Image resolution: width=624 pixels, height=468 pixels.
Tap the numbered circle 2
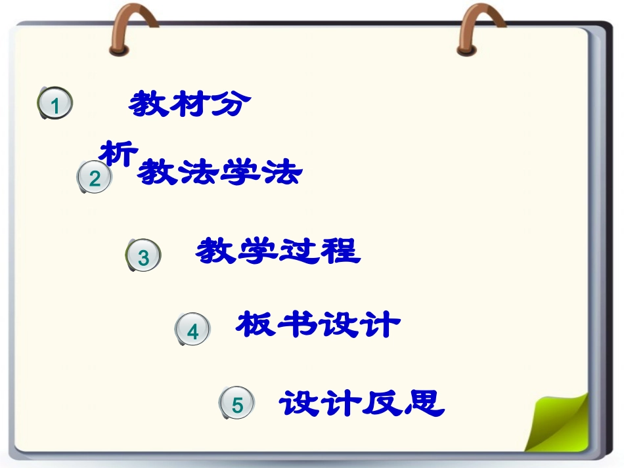[95, 178]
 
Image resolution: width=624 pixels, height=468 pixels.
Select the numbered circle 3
[143, 257]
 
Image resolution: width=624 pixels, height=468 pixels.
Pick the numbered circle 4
[192, 331]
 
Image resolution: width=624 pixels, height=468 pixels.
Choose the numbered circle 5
[237, 405]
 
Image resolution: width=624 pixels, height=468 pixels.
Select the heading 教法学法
[219, 173]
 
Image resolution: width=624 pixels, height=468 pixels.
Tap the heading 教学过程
[278, 251]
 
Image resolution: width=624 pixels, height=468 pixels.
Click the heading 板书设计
[318, 324]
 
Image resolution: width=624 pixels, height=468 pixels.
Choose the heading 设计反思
[362, 403]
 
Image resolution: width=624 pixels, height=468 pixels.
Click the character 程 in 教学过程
[340, 251]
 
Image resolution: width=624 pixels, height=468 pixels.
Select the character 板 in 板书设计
[256, 324]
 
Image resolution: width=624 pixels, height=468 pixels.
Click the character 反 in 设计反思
[384, 403]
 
